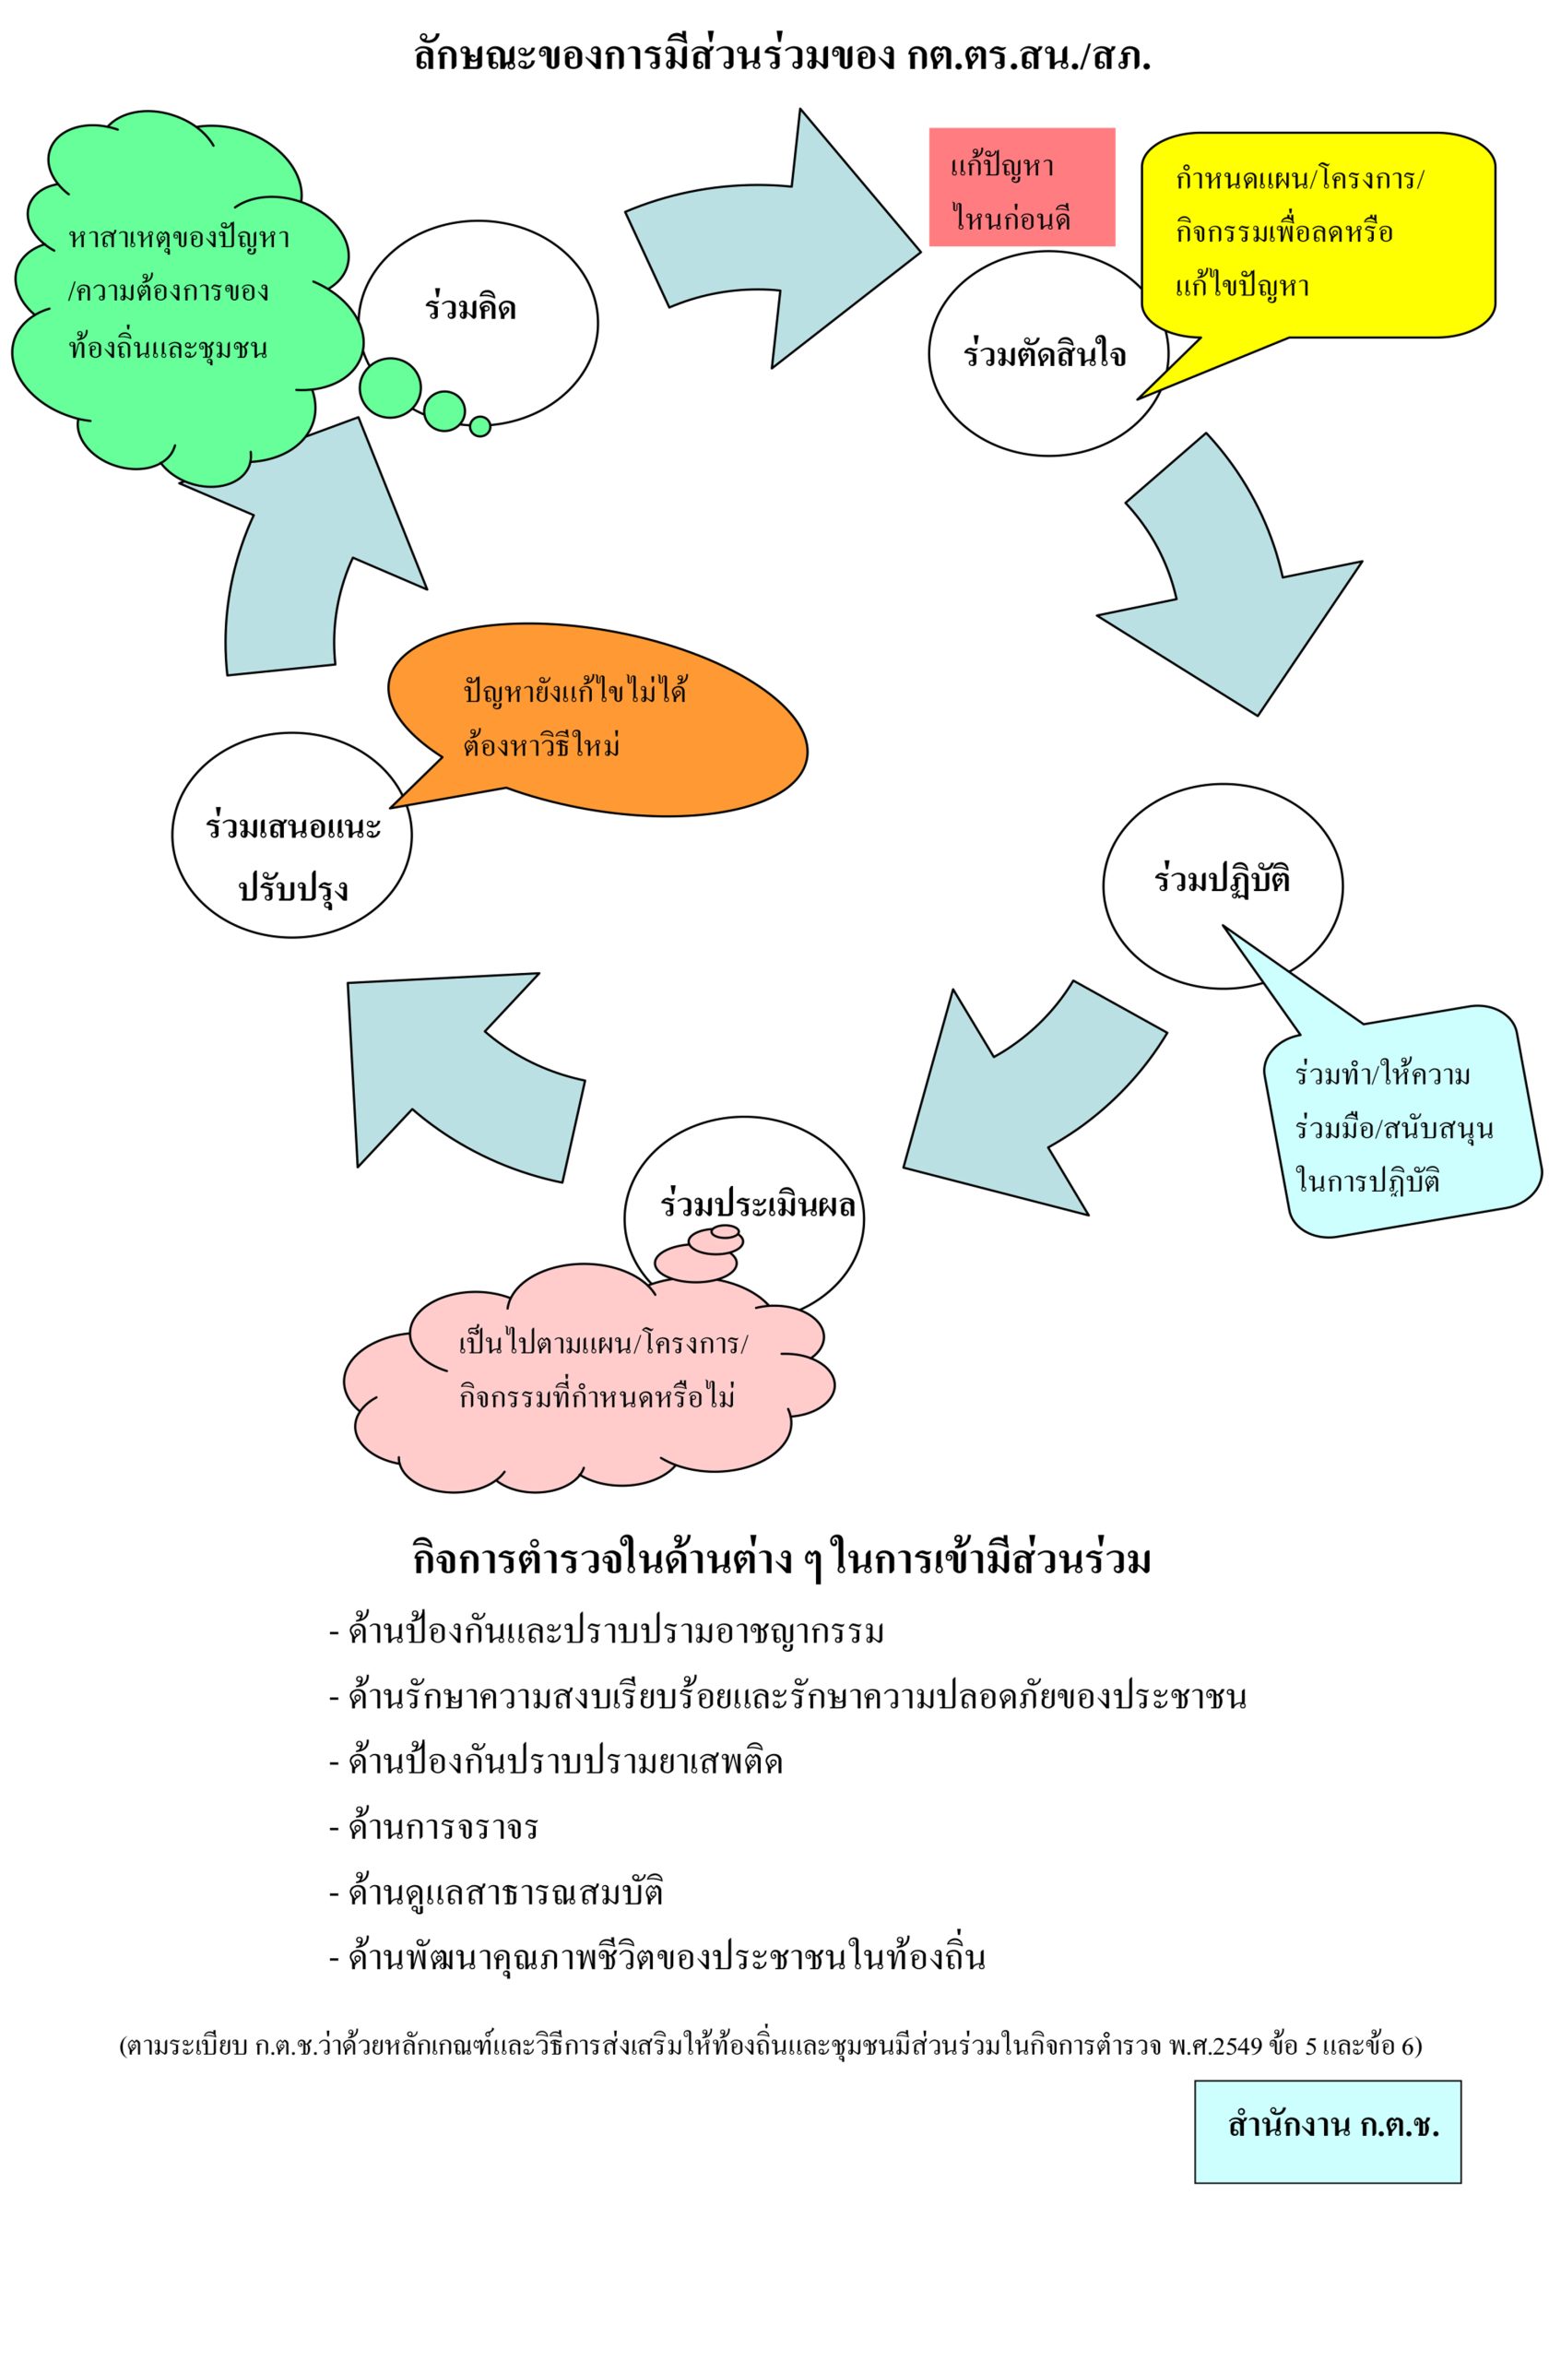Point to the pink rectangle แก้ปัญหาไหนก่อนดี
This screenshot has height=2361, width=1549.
coord(1021,186)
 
